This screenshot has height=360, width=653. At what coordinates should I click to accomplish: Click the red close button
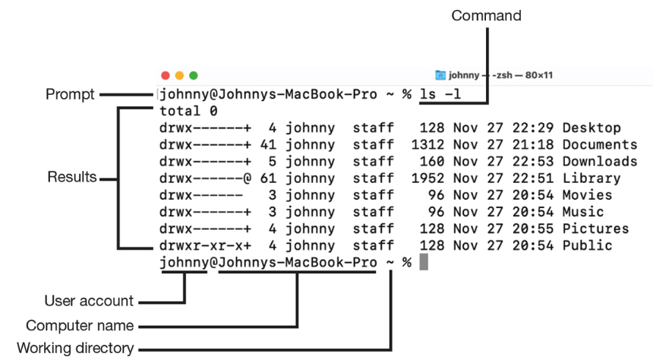click(166, 75)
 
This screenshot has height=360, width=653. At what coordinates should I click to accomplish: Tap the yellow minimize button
click(179, 75)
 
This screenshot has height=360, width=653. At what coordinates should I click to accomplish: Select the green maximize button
click(194, 75)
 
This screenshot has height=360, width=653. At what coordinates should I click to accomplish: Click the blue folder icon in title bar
click(440, 75)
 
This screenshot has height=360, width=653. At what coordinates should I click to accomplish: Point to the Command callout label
click(486, 16)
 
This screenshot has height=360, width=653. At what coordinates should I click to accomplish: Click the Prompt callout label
click(70, 95)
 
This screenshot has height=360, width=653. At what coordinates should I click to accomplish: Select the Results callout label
click(72, 177)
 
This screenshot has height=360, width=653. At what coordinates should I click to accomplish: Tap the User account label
click(89, 301)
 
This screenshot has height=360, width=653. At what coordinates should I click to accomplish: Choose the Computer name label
click(80, 325)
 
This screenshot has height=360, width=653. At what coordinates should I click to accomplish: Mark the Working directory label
click(75, 348)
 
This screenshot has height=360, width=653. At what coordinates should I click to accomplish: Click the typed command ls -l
click(440, 94)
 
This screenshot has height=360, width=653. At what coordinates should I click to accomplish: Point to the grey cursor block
click(424, 262)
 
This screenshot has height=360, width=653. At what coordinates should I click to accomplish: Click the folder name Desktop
click(591, 128)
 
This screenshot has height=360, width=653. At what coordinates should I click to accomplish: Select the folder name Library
click(591, 178)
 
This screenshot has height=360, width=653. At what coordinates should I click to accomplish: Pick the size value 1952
click(427, 178)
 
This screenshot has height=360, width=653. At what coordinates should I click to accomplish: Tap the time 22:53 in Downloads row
click(532, 161)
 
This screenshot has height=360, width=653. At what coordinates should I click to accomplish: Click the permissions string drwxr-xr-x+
click(205, 246)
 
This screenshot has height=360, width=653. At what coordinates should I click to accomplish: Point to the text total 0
click(188, 111)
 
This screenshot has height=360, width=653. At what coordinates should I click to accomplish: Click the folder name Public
click(587, 245)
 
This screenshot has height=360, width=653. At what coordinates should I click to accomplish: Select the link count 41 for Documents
click(268, 144)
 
